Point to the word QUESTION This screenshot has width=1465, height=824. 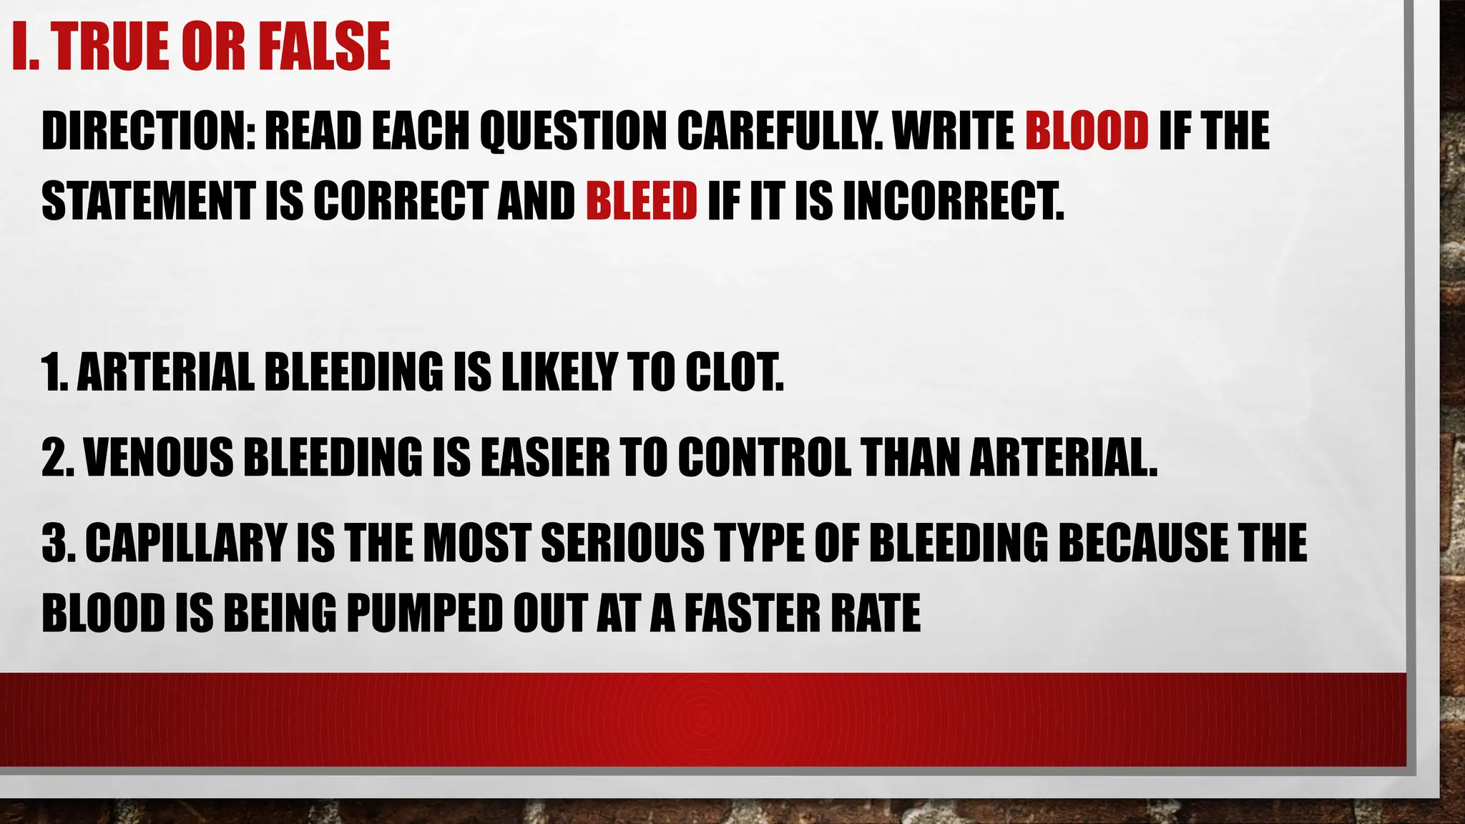(x=573, y=132)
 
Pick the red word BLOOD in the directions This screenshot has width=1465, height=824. (x=1087, y=132)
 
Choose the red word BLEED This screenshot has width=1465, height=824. (x=641, y=200)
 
